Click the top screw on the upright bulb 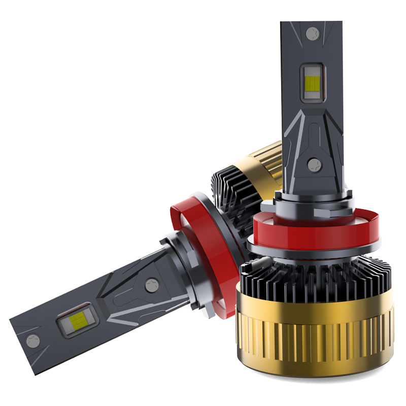[x=311, y=33]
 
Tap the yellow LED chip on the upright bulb [x=311, y=81]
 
